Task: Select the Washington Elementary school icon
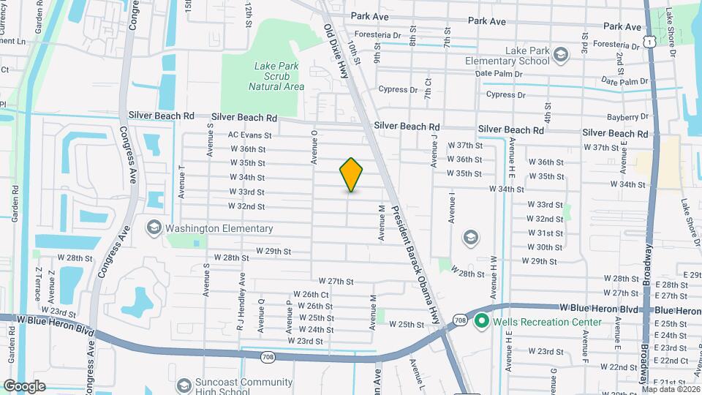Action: click(x=154, y=228)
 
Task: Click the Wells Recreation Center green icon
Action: click(x=481, y=322)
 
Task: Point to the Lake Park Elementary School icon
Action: click(x=560, y=55)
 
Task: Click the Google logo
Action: click(x=24, y=386)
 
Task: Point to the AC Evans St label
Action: click(x=249, y=135)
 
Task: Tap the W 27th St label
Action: click(x=336, y=281)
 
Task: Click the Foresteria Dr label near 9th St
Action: click(x=378, y=35)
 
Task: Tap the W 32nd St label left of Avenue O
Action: click(x=246, y=206)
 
